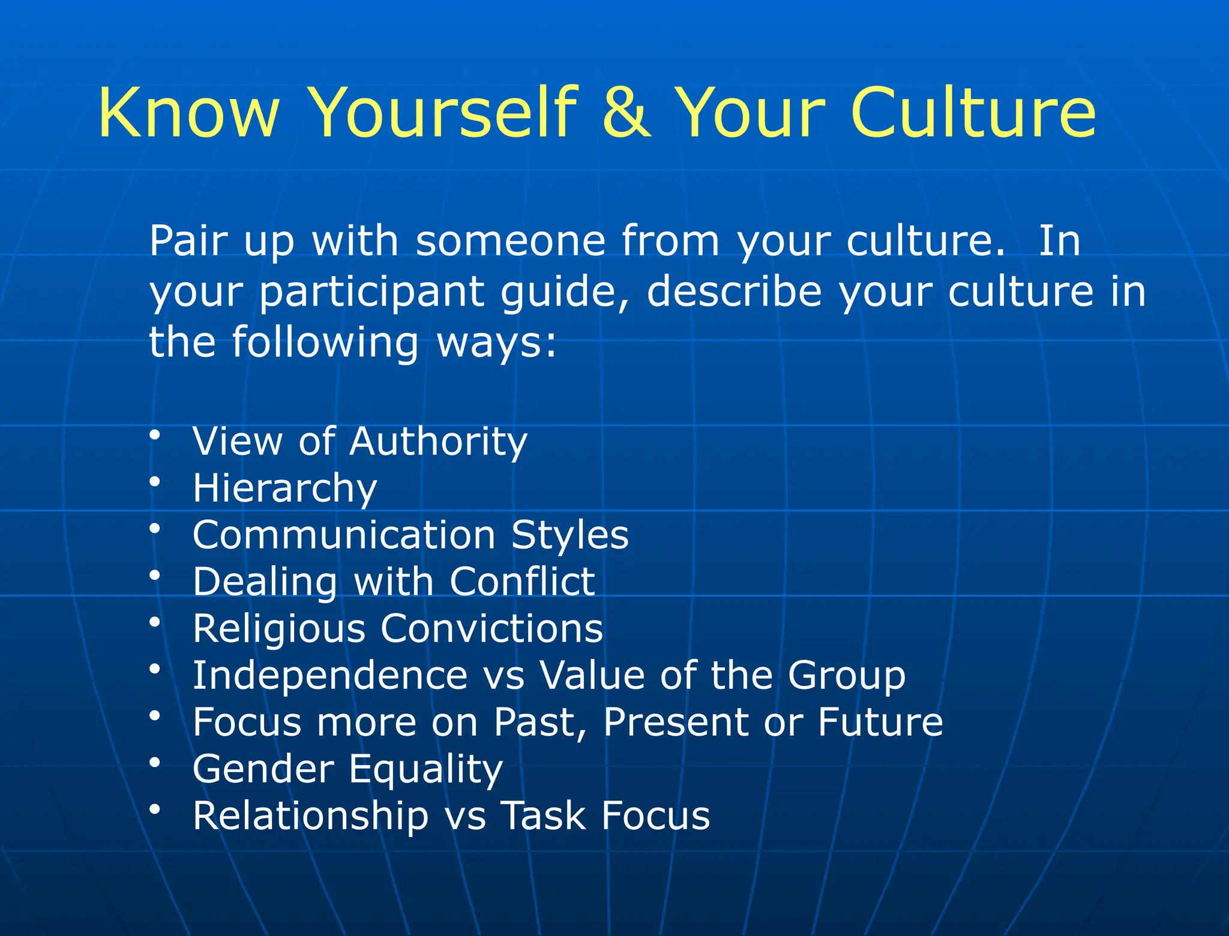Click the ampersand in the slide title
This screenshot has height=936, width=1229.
[x=626, y=112]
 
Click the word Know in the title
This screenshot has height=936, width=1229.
[x=189, y=112]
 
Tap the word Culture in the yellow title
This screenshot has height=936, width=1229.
[x=973, y=112]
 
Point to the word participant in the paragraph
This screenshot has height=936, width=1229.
[x=371, y=292]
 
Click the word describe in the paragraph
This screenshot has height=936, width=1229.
[x=733, y=292]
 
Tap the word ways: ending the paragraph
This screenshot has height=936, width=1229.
[x=497, y=343]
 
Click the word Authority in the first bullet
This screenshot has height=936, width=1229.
[x=438, y=442]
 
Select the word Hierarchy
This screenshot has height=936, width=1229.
[x=284, y=488]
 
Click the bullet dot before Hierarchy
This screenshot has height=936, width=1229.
[x=155, y=481]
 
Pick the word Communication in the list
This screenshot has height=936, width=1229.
[x=343, y=535]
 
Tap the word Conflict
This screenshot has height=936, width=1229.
[x=522, y=581]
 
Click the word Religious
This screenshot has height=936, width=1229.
[x=279, y=629]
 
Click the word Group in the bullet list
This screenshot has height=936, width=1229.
[x=846, y=676]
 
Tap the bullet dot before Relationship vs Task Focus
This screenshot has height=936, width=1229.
[x=155, y=809]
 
